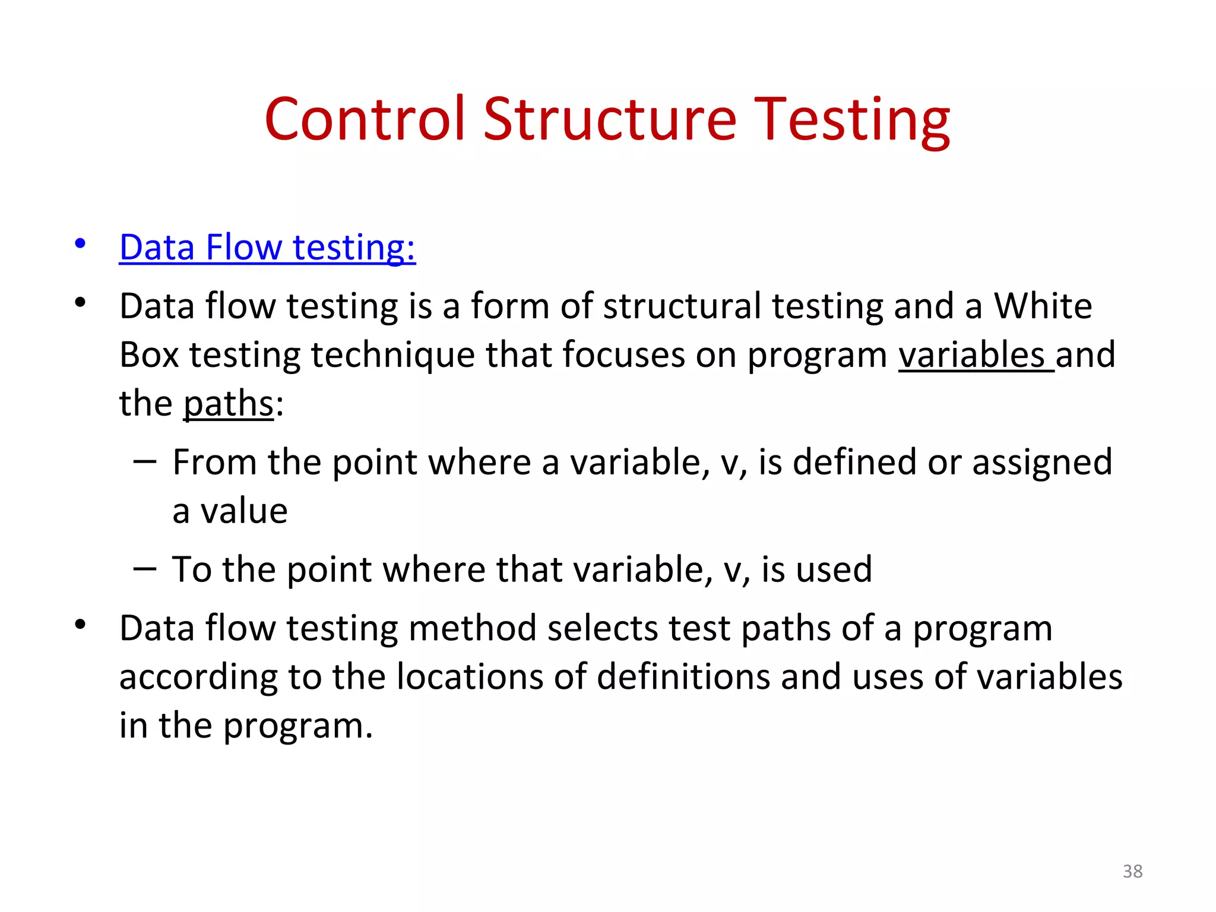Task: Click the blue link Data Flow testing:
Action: tap(267, 247)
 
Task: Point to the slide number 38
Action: tap(1132, 871)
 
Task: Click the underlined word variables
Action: tap(971, 355)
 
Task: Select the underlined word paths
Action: tap(228, 404)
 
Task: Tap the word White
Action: tap(1043, 306)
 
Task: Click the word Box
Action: tap(149, 355)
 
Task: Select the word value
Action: tap(243, 511)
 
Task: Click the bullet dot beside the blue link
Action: tap(80, 243)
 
